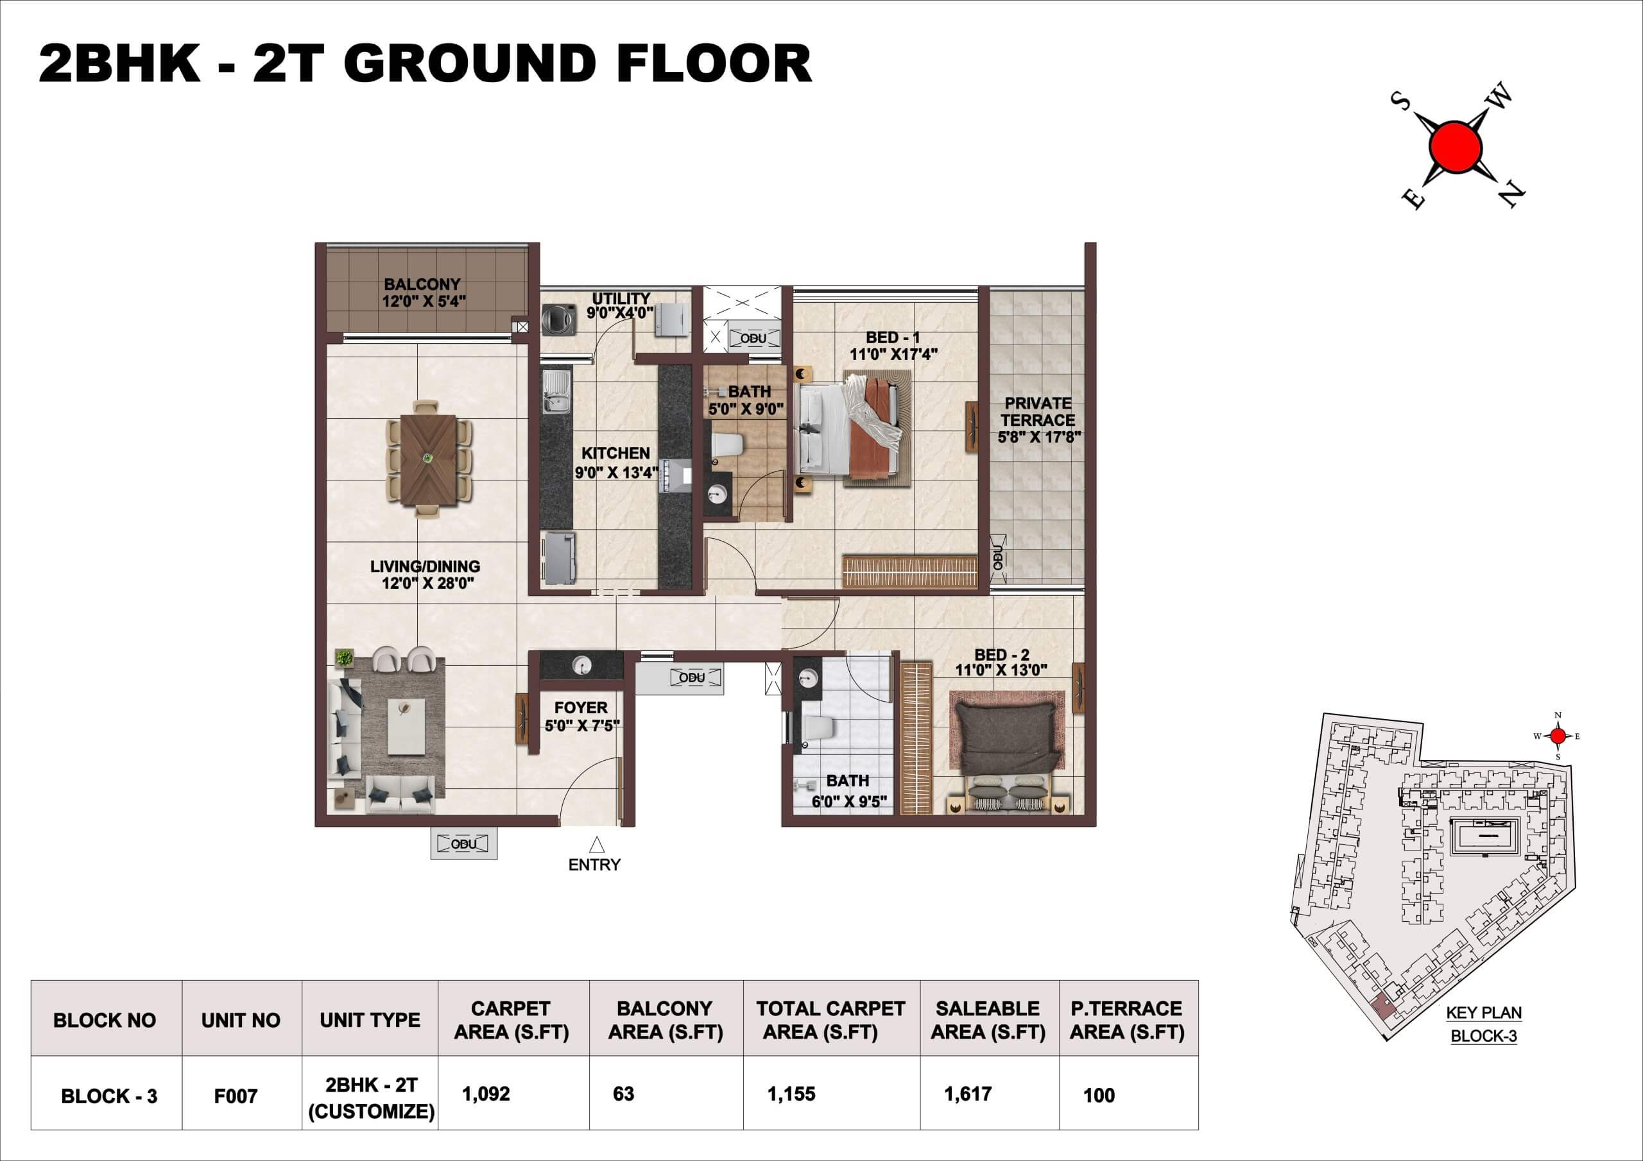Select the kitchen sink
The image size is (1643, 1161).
point(556,392)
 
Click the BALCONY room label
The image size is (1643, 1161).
point(422,284)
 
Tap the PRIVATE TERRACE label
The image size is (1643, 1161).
point(1038,411)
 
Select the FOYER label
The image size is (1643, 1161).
point(580,708)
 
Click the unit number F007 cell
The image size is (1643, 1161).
point(236,1096)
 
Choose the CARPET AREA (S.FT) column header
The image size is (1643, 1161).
point(511,1020)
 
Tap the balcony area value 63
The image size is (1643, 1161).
point(623,1094)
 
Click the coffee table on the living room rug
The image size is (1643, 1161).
point(406,727)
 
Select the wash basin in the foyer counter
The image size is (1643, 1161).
point(581,666)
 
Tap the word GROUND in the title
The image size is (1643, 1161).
point(474,64)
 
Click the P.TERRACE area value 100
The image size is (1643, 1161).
point(1098,1095)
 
